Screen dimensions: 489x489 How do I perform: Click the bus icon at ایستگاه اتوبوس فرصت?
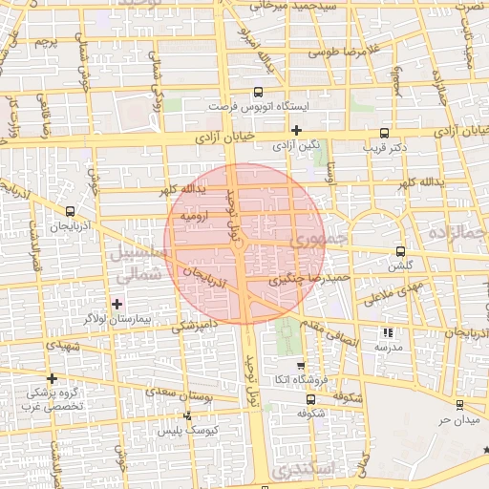pos(259,94)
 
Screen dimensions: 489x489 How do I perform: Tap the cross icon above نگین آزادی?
pos(297,130)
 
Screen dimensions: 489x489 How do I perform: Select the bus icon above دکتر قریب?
pos(385,134)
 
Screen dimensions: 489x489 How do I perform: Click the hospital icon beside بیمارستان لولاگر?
pos(117,304)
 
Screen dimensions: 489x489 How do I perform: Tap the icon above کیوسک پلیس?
pos(187,415)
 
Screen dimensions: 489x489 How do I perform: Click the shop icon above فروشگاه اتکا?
pos(300,365)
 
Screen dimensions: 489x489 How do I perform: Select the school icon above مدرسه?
pos(388,332)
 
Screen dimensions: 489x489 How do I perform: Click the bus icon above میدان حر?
pos(461,405)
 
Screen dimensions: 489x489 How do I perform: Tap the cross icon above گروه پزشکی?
pos(52,378)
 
